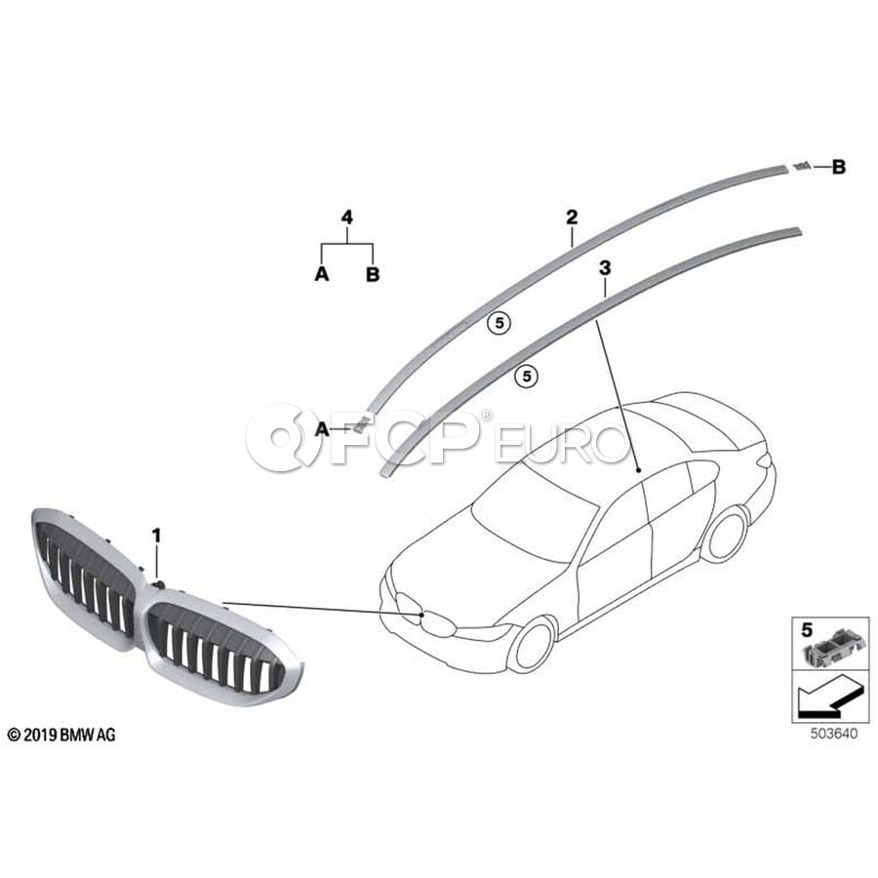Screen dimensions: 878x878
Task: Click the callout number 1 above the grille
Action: point(157,536)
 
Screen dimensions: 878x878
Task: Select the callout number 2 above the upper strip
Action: point(572,217)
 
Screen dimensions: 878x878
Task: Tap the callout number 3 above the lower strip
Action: point(605,268)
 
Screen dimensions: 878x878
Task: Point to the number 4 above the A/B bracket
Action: point(347,217)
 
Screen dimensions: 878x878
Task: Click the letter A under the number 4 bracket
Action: point(321,274)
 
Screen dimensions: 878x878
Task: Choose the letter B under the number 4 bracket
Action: point(373,274)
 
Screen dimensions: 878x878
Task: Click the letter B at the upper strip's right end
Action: point(838,167)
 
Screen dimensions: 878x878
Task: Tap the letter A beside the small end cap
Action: point(322,429)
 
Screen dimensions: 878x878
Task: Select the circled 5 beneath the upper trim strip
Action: point(499,323)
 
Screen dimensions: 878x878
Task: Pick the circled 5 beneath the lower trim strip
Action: point(527,376)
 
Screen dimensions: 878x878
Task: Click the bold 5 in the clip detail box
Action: point(807,630)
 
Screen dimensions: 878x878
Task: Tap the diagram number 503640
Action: point(834,734)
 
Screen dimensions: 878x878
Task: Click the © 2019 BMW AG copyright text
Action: point(61,735)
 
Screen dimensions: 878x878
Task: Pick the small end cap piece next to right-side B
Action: point(802,166)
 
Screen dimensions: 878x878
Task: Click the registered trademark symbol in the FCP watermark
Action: point(486,415)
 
